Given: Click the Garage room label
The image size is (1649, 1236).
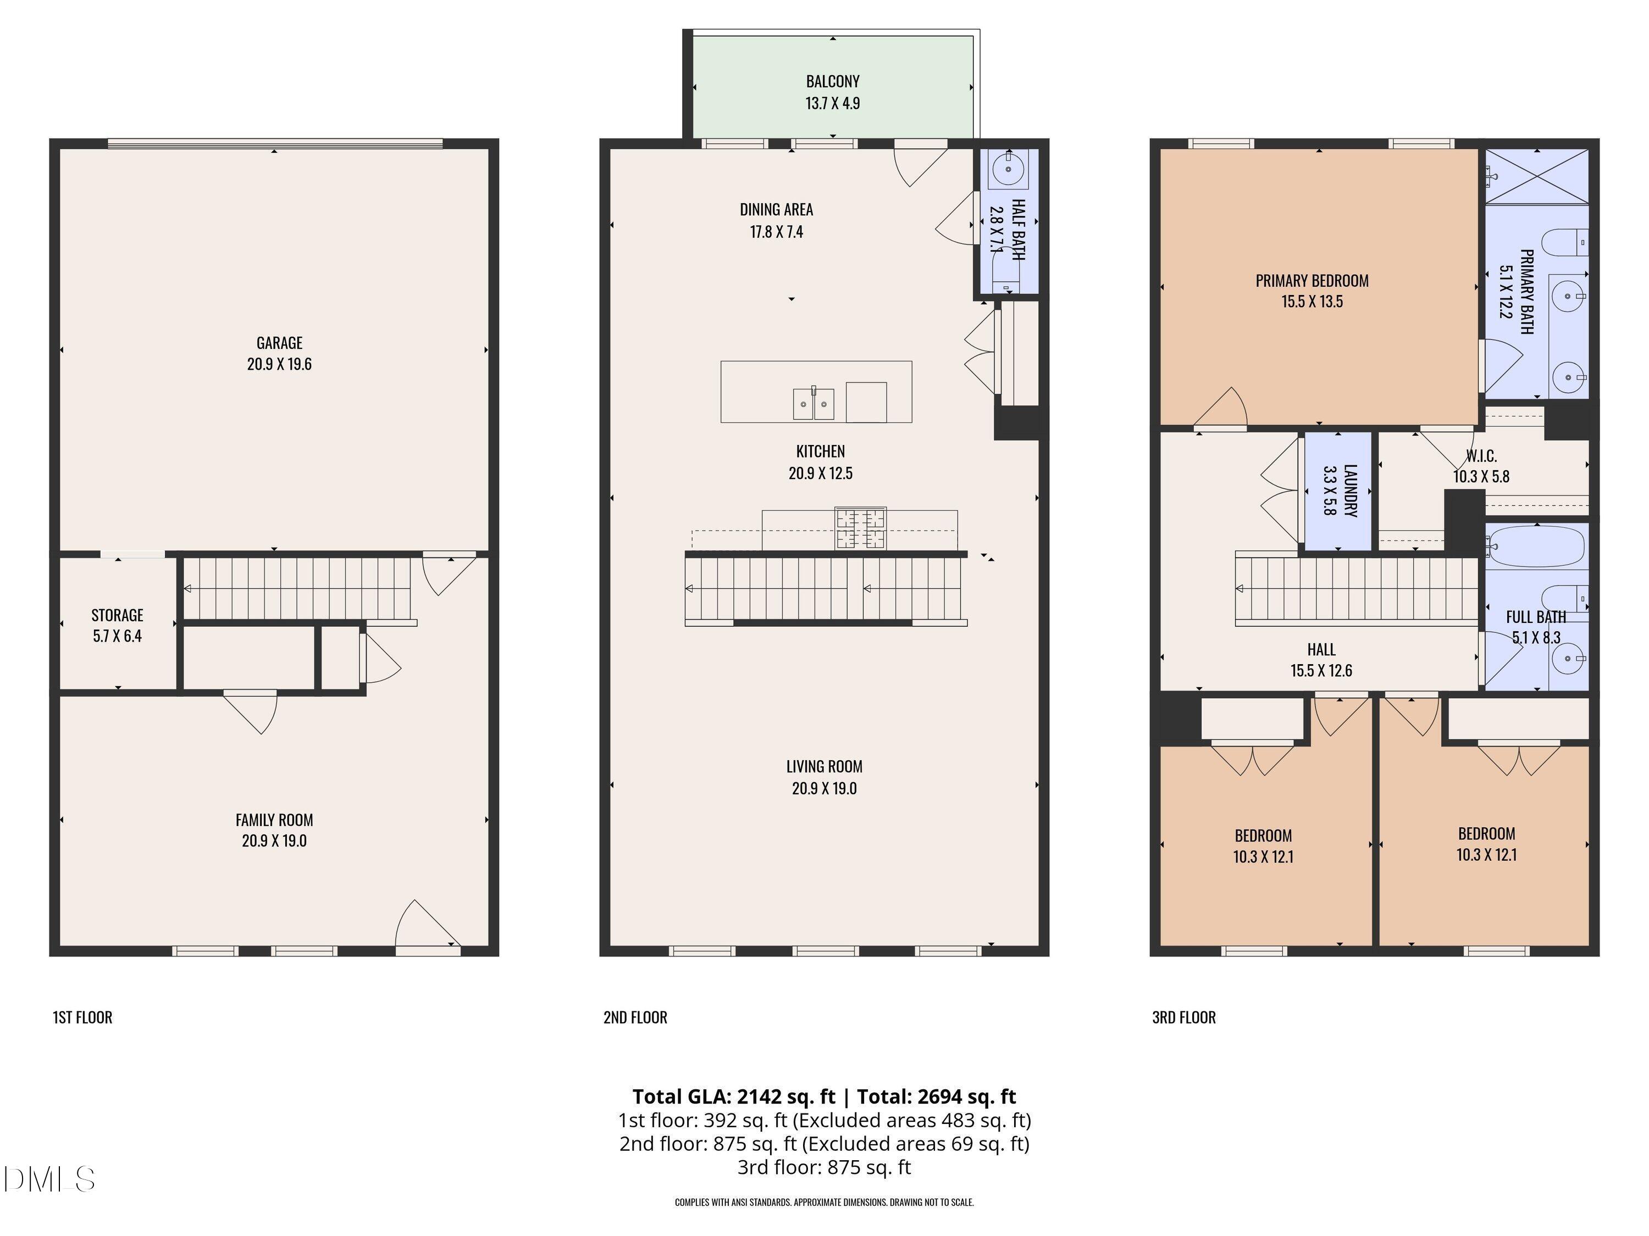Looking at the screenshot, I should coord(280,343).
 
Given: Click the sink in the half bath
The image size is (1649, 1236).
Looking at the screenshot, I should coord(1008,170).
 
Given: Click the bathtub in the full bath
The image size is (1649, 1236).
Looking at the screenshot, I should coord(1536,546).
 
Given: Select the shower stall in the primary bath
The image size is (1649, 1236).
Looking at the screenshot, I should coord(1536,175).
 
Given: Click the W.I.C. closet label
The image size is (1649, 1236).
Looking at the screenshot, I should coord(1481,456).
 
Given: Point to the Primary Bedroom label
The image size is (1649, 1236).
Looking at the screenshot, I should coord(1312,281).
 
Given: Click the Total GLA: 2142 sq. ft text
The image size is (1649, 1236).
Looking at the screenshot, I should coord(734,1096).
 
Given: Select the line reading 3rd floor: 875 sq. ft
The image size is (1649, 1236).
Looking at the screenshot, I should coord(824,1167).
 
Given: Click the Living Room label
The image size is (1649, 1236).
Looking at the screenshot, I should coord(824,767).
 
